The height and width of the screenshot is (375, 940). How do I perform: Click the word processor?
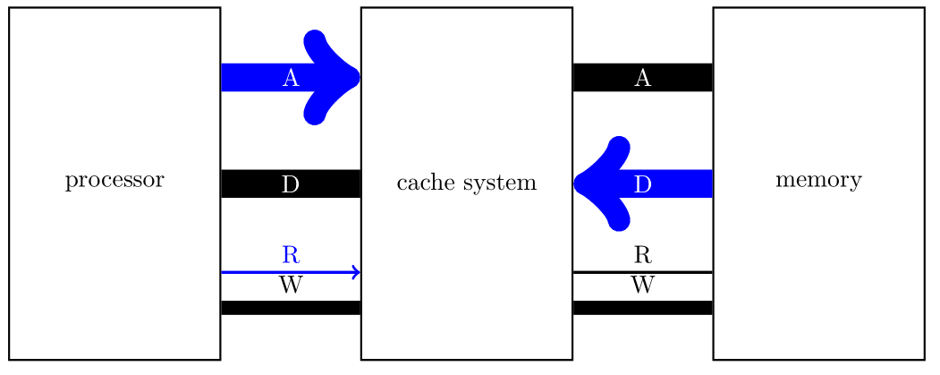(114, 181)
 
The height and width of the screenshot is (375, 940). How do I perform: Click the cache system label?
(466, 183)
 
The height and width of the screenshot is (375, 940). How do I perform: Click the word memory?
(818, 181)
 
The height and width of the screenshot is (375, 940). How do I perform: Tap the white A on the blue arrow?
(291, 78)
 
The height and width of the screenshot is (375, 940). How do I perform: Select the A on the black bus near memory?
(642, 78)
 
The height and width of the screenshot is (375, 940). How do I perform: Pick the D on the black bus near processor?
(291, 184)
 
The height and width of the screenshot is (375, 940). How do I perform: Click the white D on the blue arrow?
(642, 184)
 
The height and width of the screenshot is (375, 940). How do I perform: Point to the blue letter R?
(291, 254)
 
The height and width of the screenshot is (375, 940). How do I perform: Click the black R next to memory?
(642, 254)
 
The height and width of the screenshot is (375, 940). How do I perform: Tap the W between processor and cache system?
(291, 286)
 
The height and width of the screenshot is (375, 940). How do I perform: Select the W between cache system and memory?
(642, 286)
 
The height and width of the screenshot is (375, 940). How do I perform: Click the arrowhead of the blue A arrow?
(335, 77)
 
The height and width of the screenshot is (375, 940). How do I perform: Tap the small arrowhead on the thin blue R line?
(356, 272)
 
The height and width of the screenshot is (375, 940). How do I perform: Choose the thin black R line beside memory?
(680, 271)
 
